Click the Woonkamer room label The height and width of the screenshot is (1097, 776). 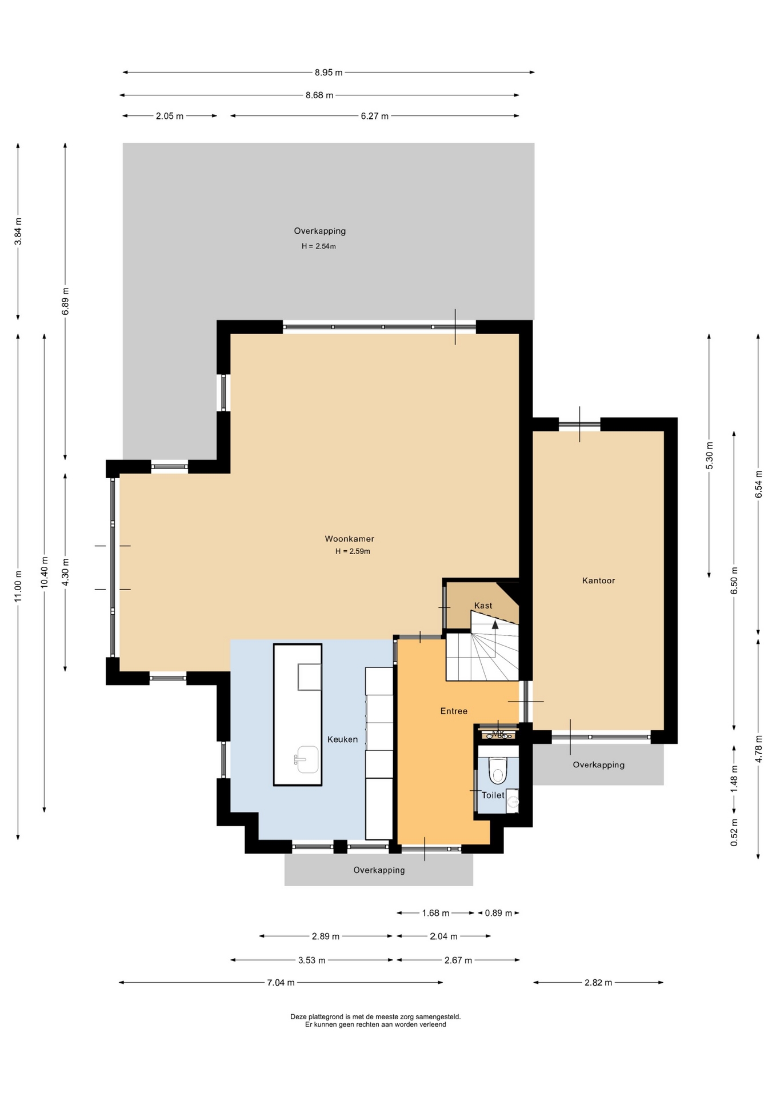click(349, 539)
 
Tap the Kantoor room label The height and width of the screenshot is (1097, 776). click(598, 580)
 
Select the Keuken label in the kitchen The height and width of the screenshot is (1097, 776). click(342, 739)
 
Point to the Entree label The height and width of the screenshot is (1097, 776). click(454, 711)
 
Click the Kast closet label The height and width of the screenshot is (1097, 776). click(483, 606)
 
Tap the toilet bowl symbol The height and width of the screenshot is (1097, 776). click(498, 770)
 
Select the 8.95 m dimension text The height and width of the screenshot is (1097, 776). click(329, 73)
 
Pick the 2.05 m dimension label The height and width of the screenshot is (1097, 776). click(170, 116)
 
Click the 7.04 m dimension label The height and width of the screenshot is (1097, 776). click(281, 983)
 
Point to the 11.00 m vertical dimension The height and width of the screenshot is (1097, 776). click(18, 586)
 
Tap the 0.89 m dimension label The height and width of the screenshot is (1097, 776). click(498, 913)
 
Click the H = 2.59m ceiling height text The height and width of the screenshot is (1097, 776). click(353, 551)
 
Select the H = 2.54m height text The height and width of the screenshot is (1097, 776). click(319, 247)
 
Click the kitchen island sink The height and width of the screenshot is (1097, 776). click(306, 759)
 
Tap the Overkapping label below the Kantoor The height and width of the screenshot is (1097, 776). click(598, 765)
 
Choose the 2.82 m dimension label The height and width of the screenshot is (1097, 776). click(598, 983)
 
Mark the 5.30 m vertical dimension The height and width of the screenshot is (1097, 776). click(709, 456)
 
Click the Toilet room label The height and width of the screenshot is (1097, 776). click(493, 795)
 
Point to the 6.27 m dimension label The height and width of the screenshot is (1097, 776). click(374, 116)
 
